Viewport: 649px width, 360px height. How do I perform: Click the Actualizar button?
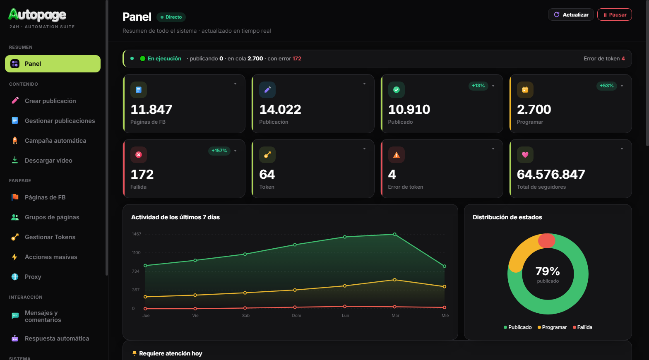[x=571, y=14]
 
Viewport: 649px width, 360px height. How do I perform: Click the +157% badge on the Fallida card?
[x=219, y=151]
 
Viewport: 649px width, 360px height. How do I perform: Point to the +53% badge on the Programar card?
[x=606, y=86]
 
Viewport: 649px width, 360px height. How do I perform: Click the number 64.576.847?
[x=551, y=174]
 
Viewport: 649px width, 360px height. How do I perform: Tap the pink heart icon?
[x=525, y=155]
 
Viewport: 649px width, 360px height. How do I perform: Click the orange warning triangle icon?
[x=397, y=155]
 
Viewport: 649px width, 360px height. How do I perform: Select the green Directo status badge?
[x=171, y=17]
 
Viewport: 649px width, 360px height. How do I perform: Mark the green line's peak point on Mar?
[x=394, y=234]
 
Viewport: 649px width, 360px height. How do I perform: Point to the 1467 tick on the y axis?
[x=137, y=234]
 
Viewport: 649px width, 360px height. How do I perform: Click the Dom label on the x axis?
[x=296, y=315]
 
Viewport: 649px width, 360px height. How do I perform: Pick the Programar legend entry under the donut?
[x=552, y=327]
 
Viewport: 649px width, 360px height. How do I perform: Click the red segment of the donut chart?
[x=547, y=241]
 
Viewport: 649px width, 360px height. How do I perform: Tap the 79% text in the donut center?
[x=548, y=271]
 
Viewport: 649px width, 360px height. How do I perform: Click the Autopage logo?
[x=37, y=14]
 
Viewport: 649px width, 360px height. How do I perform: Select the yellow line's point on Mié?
[x=445, y=287]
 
